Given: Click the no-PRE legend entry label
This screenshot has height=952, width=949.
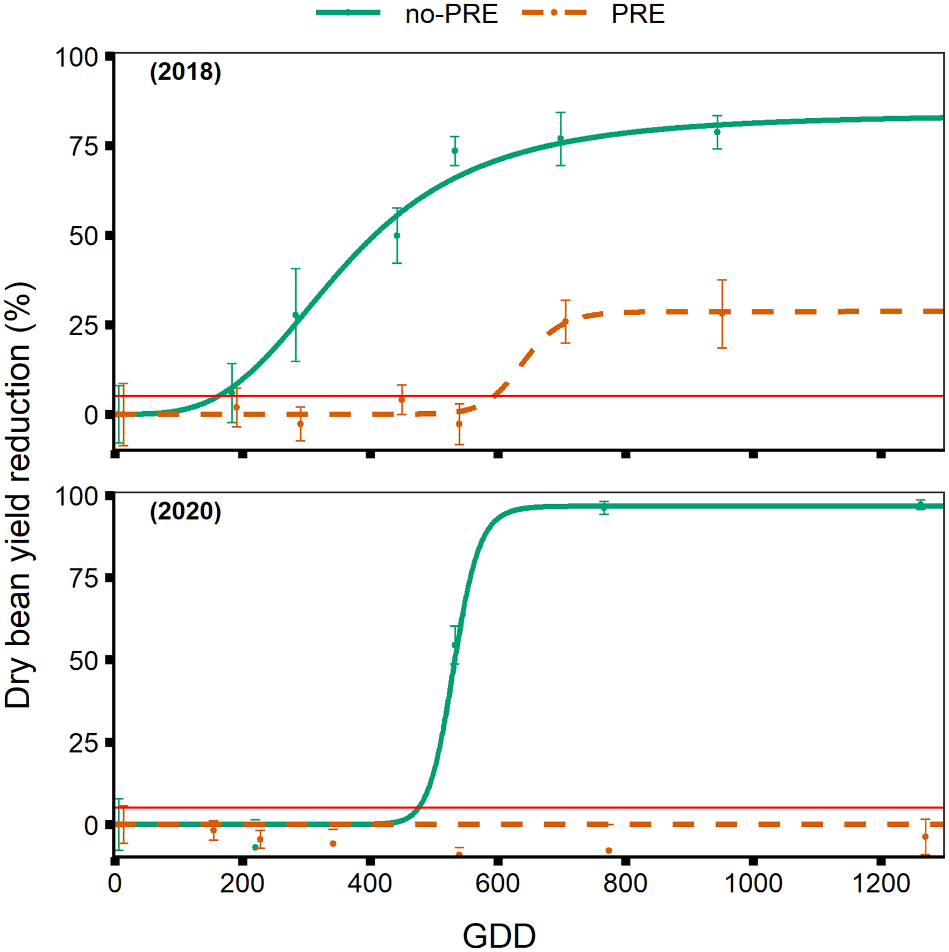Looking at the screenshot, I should [x=451, y=15].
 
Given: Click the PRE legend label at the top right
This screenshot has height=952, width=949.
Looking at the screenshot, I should [x=638, y=15].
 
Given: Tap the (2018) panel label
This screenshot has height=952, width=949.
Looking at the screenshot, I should [x=185, y=72].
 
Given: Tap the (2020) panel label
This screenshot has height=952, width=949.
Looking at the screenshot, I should [x=185, y=511].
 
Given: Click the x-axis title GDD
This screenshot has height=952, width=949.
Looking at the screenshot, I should [x=499, y=936].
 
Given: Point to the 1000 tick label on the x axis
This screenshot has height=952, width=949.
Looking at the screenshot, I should [x=753, y=884].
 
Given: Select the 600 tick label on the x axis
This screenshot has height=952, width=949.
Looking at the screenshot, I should [x=498, y=884].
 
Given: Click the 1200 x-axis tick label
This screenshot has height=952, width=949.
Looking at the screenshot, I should [x=881, y=884].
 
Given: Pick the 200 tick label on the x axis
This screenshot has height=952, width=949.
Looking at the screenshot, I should [x=242, y=884].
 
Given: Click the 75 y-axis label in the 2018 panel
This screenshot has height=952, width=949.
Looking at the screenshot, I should [x=84, y=147].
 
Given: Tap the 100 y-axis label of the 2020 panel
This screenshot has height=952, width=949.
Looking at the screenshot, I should [x=77, y=497].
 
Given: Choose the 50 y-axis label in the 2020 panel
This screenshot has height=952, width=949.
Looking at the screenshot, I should [x=84, y=661].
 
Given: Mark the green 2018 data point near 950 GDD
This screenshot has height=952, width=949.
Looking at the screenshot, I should [x=717, y=132].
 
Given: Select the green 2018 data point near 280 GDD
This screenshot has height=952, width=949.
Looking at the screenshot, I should [x=295, y=316].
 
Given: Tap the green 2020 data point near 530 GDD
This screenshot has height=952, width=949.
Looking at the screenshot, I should [x=454, y=645].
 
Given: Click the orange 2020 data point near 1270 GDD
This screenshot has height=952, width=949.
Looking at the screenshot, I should [x=925, y=837].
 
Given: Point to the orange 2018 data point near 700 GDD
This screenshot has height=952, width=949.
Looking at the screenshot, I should [x=565, y=322].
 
